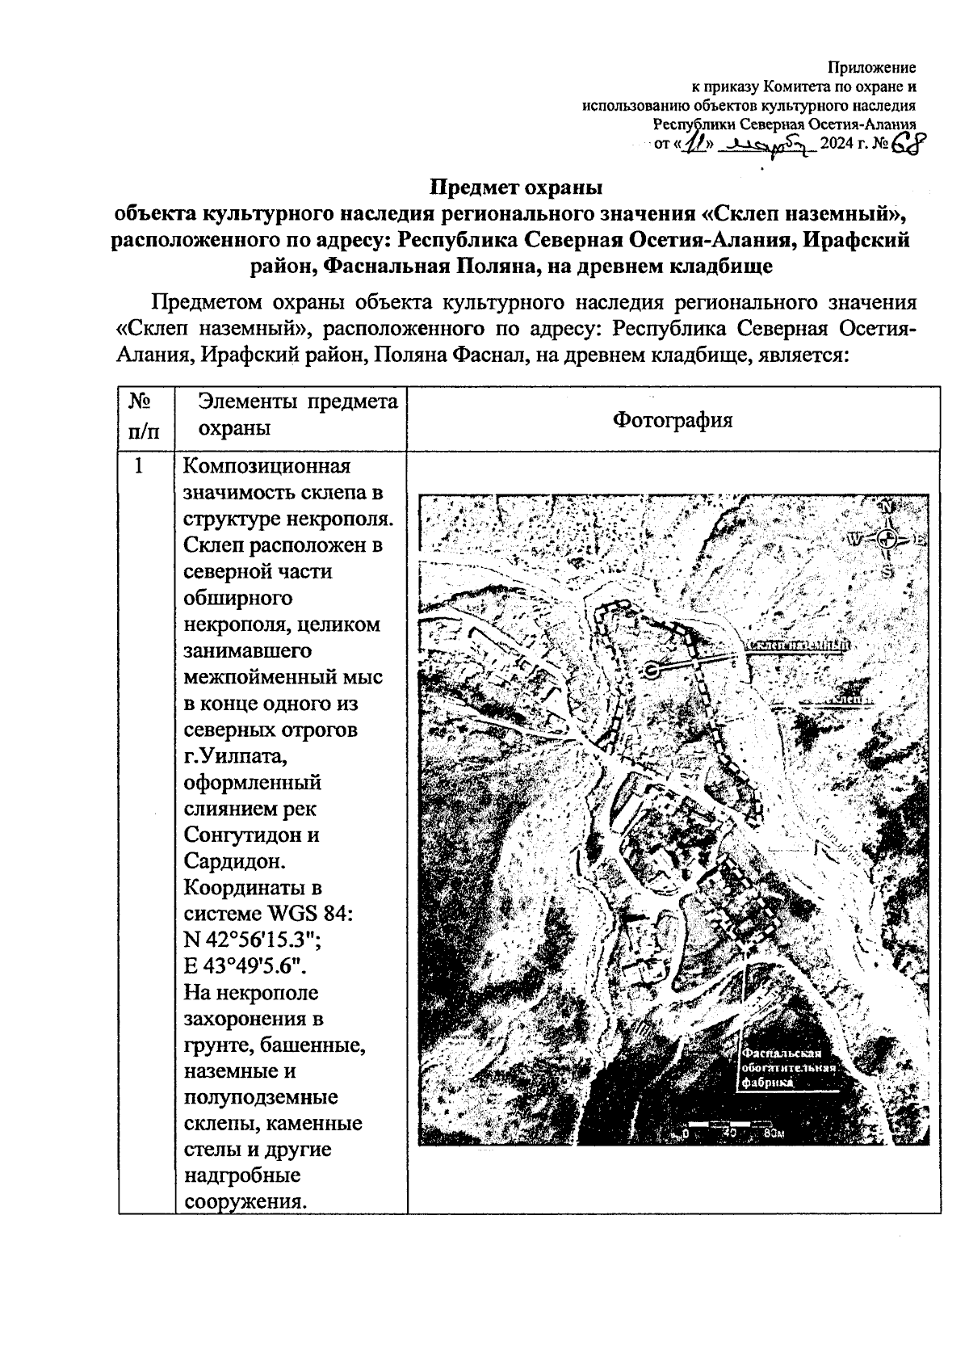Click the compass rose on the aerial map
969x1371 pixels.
[887, 537]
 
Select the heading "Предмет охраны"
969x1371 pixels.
[516, 187]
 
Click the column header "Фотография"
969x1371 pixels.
[673, 419]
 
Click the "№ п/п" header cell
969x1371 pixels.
[142, 415]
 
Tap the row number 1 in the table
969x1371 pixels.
[140, 466]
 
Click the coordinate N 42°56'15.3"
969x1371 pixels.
[254, 940]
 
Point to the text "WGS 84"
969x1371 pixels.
[308, 914]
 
